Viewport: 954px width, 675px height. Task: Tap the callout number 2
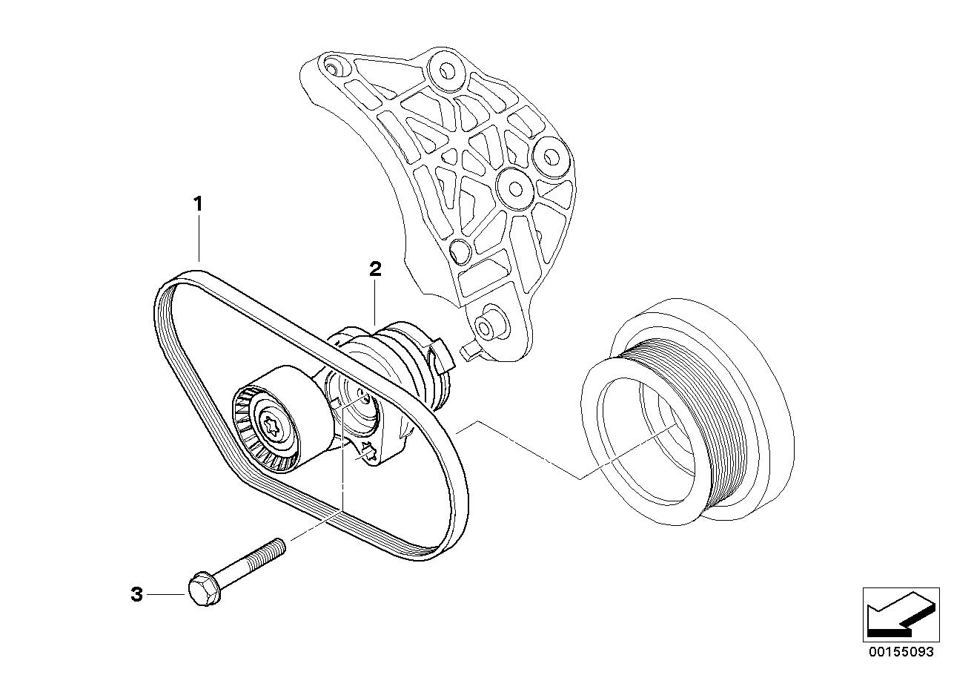[376, 269]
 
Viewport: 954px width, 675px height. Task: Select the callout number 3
[136, 594]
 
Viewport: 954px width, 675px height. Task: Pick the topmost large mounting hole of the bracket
[447, 70]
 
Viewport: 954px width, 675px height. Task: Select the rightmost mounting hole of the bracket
[552, 157]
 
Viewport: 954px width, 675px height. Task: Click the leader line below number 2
[377, 301]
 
